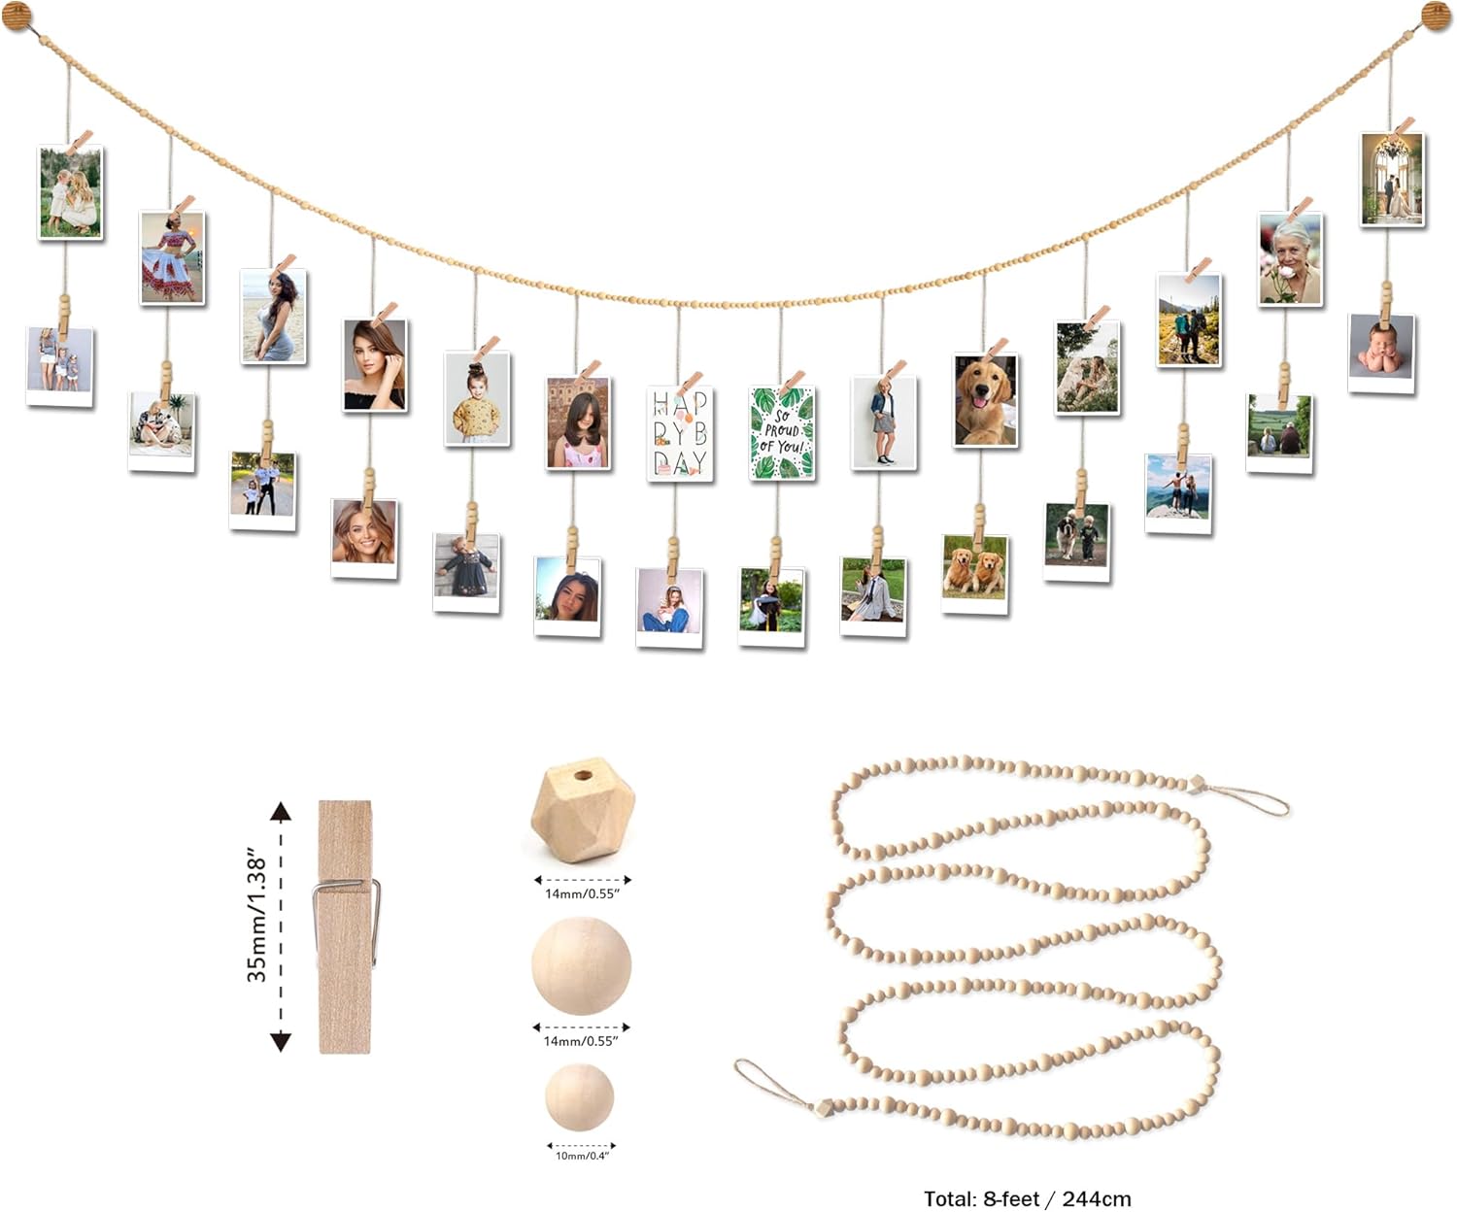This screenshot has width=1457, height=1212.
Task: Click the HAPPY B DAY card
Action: pos(680,433)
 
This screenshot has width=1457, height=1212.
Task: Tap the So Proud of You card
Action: pos(782,433)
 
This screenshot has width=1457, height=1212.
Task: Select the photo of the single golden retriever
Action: pos(986,400)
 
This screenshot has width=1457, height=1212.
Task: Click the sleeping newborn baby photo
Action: pos(1382,350)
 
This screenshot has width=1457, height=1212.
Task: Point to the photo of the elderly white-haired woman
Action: pos(1290,259)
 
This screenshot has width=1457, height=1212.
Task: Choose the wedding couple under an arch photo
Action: pos(1392,180)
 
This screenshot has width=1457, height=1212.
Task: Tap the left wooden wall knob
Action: pos(17,17)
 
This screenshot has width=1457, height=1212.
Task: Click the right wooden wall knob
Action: pos(1437,16)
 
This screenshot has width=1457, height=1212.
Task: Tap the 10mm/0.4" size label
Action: pos(582,1156)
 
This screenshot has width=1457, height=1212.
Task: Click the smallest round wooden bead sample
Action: pos(580,1096)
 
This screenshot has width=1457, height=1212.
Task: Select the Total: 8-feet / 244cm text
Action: pos(1027,1198)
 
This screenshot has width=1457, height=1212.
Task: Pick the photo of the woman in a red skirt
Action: pos(172,257)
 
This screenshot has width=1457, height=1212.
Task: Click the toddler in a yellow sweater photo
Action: pos(477,398)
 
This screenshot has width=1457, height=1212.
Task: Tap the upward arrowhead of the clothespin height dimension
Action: pos(281,812)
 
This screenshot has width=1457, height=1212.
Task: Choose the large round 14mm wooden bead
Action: pos(582,966)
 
